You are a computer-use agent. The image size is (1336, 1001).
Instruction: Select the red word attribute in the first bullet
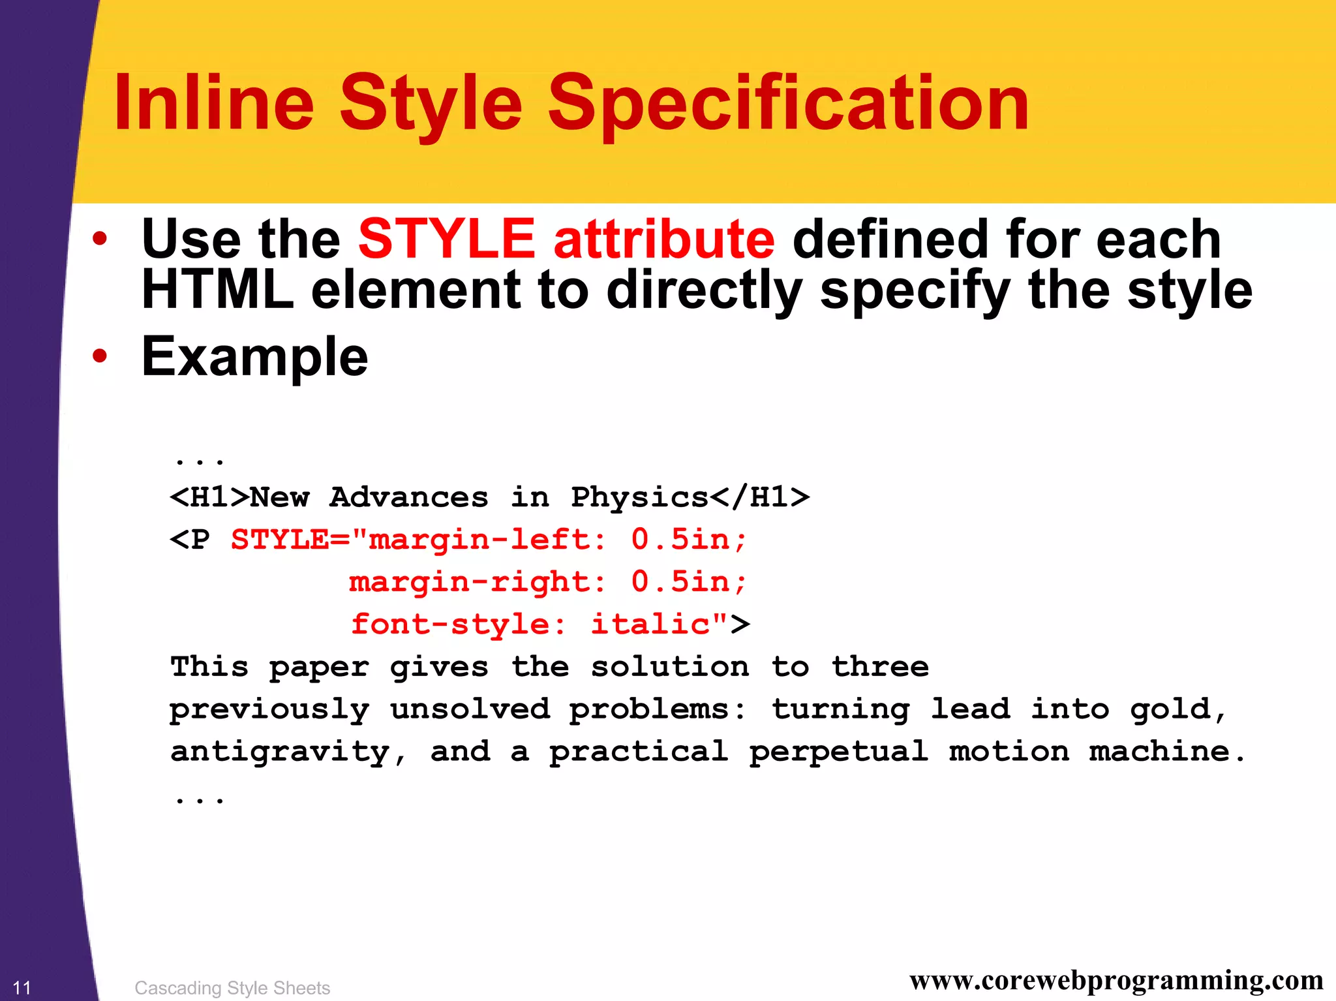(664, 239)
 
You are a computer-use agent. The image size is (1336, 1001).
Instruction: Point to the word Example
(254, 357)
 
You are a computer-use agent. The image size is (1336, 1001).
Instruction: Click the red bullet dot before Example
(99, 356)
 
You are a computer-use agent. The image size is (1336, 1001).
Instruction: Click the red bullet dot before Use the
(99, 239)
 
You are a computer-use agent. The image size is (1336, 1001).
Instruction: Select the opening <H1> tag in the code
(209, 498)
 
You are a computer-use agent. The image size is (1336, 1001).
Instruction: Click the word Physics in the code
(639, 498)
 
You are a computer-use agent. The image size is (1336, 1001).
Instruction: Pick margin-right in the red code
(470, 582)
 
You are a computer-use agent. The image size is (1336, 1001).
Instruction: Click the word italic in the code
(650, 624)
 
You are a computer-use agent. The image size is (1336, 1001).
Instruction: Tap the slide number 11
(22, 987)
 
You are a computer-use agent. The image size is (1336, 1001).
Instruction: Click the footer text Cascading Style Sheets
(232, 988)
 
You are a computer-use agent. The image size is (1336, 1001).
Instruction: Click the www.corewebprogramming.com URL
(1116, 980)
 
